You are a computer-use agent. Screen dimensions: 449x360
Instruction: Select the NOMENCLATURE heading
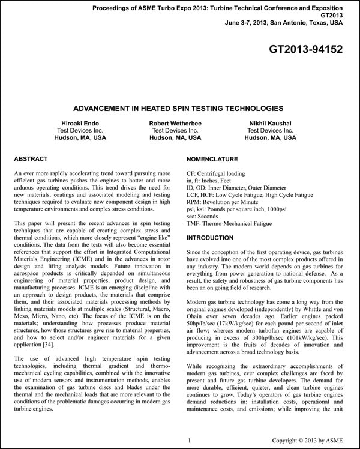point(212,160)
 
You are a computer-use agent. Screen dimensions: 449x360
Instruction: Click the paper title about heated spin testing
point(178,109)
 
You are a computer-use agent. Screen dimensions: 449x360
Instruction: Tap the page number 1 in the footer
point(189,441)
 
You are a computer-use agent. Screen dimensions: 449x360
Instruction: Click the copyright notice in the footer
point(310,441)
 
